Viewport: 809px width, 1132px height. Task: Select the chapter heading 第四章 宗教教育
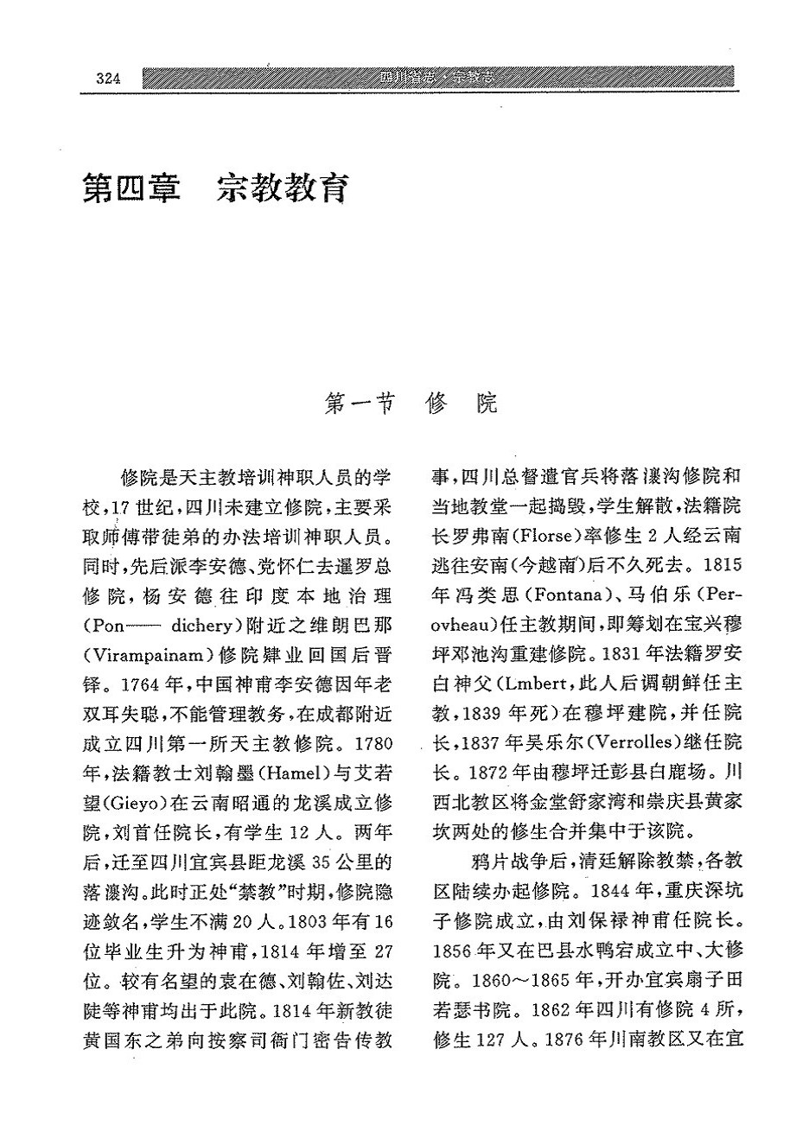coord(215,188)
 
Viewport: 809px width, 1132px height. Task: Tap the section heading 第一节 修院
coord(411,404)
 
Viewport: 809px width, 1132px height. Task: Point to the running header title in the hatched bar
coord(442,79)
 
